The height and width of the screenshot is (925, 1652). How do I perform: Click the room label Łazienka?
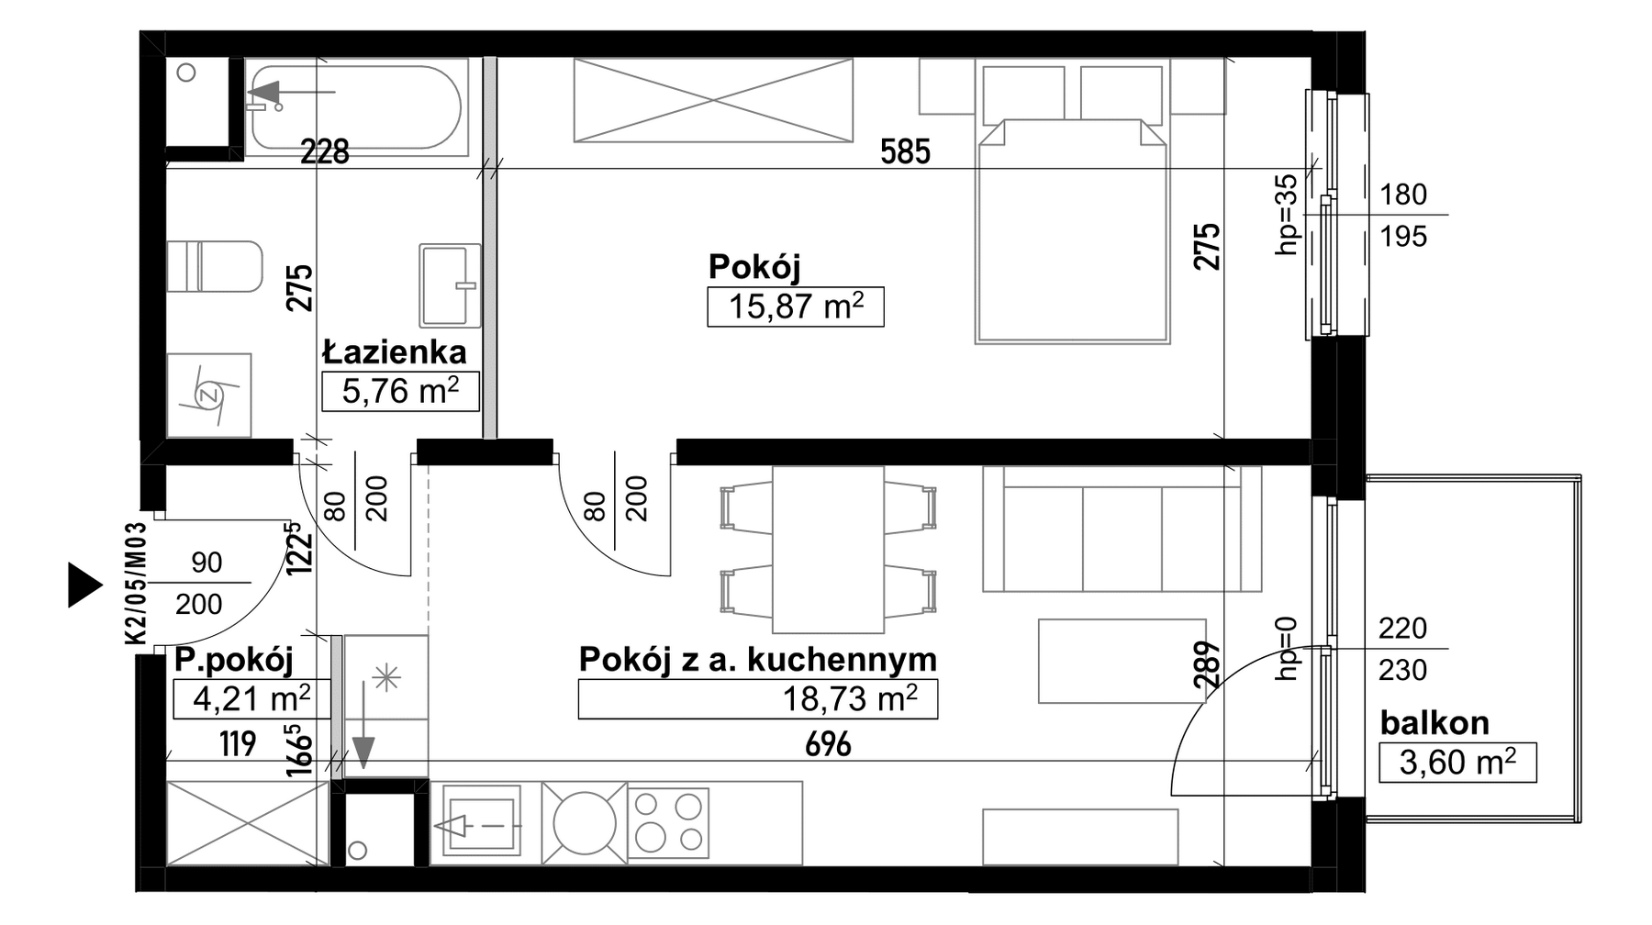point(394,351)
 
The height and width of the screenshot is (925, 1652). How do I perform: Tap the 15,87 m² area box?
point(795,306)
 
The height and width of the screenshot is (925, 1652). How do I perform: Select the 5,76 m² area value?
point(400,391)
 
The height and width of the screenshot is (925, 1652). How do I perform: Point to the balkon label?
point(1434,723)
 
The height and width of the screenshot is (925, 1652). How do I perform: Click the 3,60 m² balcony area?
point(1457,763)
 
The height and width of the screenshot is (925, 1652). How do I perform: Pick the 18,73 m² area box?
point(757,698)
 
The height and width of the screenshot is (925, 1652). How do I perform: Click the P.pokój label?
point(234,661)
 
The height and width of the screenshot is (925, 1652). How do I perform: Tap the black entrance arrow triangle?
point(85,585)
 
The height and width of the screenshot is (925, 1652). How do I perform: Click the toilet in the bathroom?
point(215,266)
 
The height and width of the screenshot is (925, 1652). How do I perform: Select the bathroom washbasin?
point(450,285)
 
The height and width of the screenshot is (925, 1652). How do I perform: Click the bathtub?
point(356,107)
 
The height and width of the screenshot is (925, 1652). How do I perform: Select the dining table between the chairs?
point(828,550)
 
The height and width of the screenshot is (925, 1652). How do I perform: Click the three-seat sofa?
point(1122,529)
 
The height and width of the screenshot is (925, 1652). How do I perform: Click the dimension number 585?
point(905,151)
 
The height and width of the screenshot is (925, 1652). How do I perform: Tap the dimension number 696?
point(828,744)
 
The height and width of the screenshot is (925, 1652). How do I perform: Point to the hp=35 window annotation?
point(1288,215)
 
